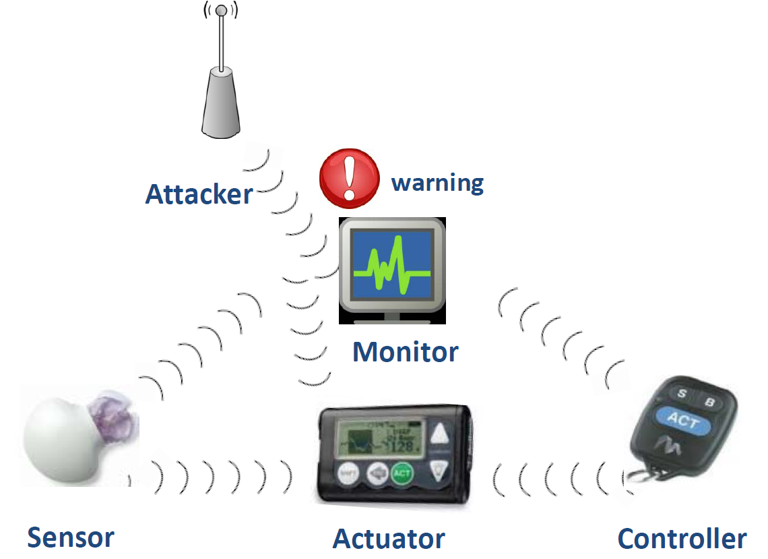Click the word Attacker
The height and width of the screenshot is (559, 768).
pos(199,194)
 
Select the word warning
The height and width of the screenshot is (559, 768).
pos(437,183)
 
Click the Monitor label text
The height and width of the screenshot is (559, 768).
pos(406,351)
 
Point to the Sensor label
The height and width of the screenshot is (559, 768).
pos(71,537)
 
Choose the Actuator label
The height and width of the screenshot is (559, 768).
pos(389,539)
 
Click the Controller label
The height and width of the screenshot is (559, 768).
pos(682,539)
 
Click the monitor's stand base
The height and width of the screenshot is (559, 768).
pos(391,317)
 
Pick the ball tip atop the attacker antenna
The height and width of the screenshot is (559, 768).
pos(221,11)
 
